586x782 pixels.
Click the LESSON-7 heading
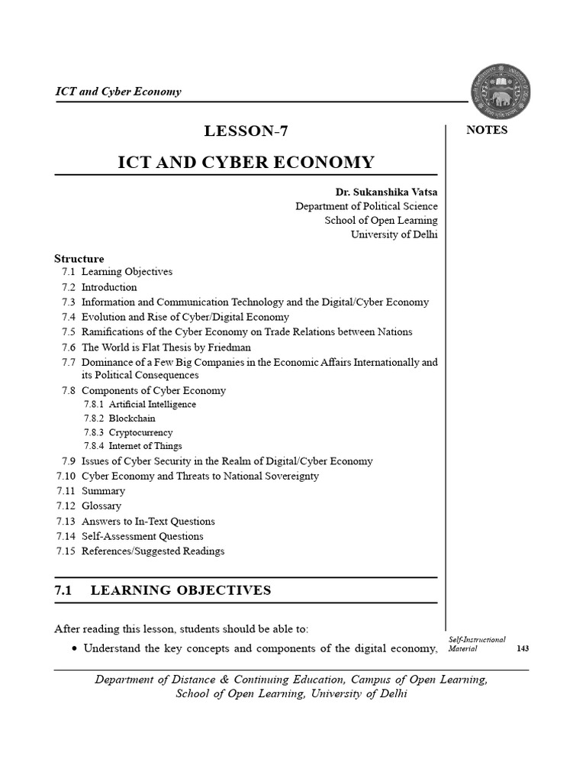tap(246, 131)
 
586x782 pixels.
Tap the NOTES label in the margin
tap(486, 130)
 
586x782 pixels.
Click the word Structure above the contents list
tap(79, 258)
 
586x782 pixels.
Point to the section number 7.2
tap(68, 287)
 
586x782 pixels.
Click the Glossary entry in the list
tap(101, 506)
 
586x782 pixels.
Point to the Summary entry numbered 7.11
tap(103, 491)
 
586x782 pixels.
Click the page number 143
tap(523, 648)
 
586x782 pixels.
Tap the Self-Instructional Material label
tap(470, 643)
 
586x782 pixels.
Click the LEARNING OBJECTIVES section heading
tap(181, 590)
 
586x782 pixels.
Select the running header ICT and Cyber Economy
tap(118, 92)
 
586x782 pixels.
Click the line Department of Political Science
tap(367, 206)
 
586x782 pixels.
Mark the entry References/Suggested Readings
tap(153, 551)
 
